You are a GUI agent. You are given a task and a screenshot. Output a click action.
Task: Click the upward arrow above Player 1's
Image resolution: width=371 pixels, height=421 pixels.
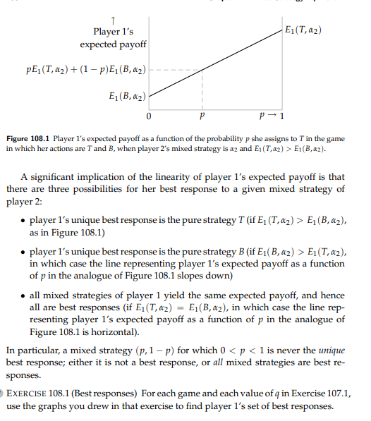(x=114, y=19)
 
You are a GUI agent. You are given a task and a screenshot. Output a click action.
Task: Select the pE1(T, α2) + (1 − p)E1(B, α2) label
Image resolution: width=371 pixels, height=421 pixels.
(x=87, y=71)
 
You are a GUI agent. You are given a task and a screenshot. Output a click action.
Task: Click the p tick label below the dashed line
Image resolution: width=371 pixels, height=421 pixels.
(x=202, y=115)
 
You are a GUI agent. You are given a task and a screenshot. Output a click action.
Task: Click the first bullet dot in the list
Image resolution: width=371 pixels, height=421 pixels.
(x=24, y=221)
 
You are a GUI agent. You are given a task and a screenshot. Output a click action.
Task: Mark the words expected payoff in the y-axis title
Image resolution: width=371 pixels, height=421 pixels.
(x=114, y=45)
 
